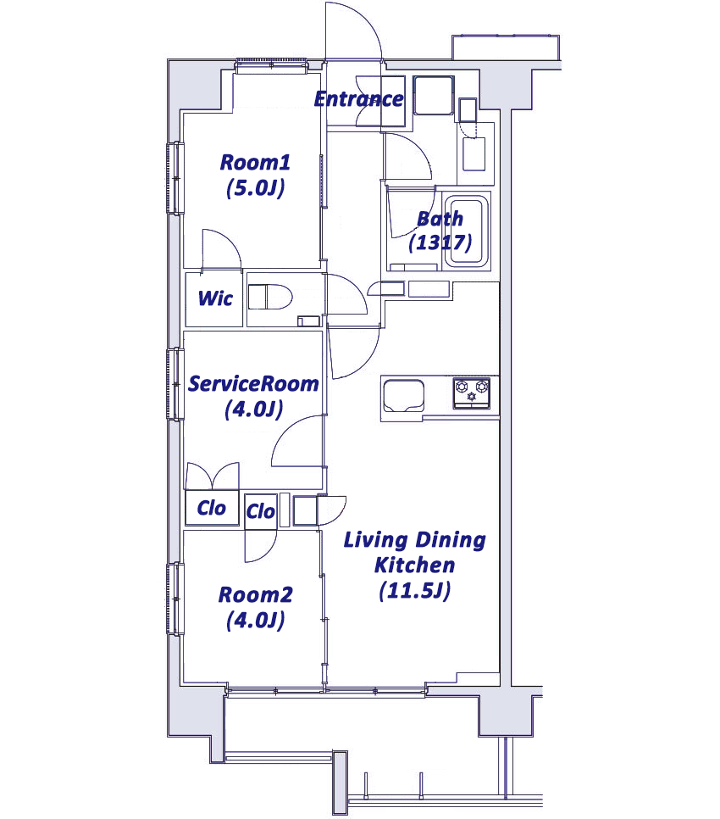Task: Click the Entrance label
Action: pyautogui.click(x=359, y=98)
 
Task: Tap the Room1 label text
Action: pyautogui.click(x=255, y=163)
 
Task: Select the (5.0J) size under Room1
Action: pyautogui.click(x=256, y=188)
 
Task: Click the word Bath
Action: pyautogui.click(x=440, y=219)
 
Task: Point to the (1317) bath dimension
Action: pyautogui.click(x=440, y=242)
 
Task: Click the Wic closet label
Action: pyautogui.click(x=215, y=298)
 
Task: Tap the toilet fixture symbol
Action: pyautogui.click(x=269, y=298)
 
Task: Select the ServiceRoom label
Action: pyautogui.click(x=253, y=384)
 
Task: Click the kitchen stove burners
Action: pyautogui.click(x=472, y=393)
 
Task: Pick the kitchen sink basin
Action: pyautogui.click(x=404, y=397)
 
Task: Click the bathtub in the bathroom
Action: pyautogui.click(x=467, y=231)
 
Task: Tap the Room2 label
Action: pyautogui.click(x=256, y=595)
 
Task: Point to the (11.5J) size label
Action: pyautogui.click(x=415, y=591)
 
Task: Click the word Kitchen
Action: pyautogui.click(x=415, y=565)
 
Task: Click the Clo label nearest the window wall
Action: pyautogui.click(x=211, y=508)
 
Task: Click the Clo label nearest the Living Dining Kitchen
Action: pyautogui.click(x=260, y=511)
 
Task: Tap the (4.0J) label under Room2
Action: pyautogui.click(x=256, y=621)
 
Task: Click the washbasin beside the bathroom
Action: pyautogui.click(x=474, y=153)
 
